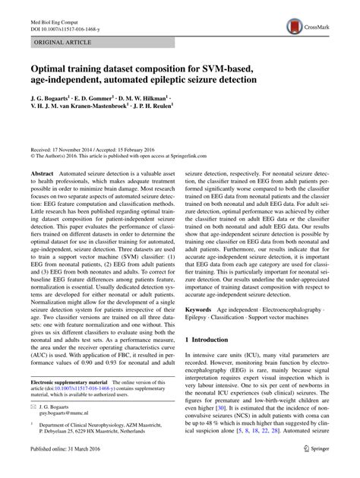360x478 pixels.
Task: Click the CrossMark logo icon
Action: point(295,27)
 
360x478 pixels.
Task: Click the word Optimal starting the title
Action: point(52,65)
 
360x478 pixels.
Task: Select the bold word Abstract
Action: point(42,174)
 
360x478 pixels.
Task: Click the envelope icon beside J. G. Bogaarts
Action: point(34,407)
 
